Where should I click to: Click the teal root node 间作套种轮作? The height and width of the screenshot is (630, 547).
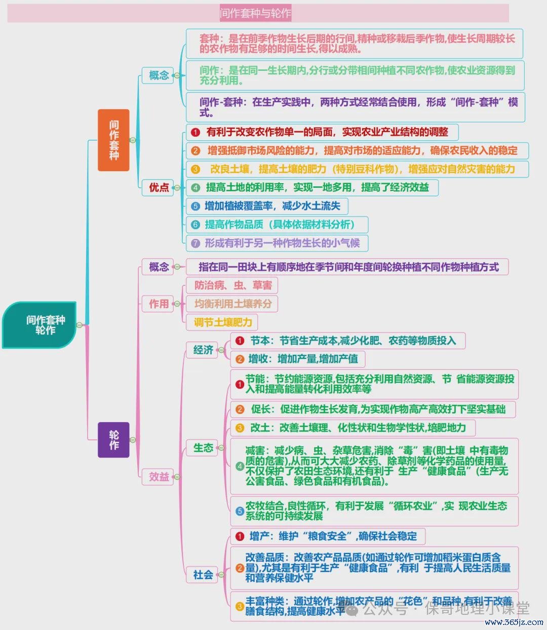tap(39, 325)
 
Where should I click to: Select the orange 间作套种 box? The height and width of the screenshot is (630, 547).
tap(113, 140)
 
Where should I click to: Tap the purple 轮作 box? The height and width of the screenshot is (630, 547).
tap(113, 440)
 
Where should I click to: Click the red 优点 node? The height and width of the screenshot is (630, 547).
tap(158, 188)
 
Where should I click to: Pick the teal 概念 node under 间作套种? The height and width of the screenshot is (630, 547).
tap(158, 75)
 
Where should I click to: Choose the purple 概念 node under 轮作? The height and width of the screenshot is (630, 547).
tap(158, 267)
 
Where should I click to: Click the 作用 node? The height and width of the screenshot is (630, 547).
tap(158, 304)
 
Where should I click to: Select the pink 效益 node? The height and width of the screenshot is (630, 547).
tap(158, 477)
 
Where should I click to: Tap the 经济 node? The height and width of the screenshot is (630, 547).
tap(202, 350)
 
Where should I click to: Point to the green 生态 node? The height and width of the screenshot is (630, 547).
tap(202, 448)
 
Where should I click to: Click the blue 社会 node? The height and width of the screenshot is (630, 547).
tap(202, 574)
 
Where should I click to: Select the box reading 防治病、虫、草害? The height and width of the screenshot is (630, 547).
tap(232, 285)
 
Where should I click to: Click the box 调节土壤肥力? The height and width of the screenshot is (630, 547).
tap(222, 322)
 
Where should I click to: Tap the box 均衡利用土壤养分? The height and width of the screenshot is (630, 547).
tap(232, 304)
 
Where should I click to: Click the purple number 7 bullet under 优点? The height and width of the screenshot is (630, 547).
tap(196, 243)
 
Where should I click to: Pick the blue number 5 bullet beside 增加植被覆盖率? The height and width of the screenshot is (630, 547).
tap(196, 206)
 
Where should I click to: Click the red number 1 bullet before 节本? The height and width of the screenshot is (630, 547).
tap(240, 341)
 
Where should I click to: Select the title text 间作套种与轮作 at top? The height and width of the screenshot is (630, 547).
tap(255, 13)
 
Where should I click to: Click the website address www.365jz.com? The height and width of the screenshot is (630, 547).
tap(514, 622)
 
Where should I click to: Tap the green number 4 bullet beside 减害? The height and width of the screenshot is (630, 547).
tap(240, 466)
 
